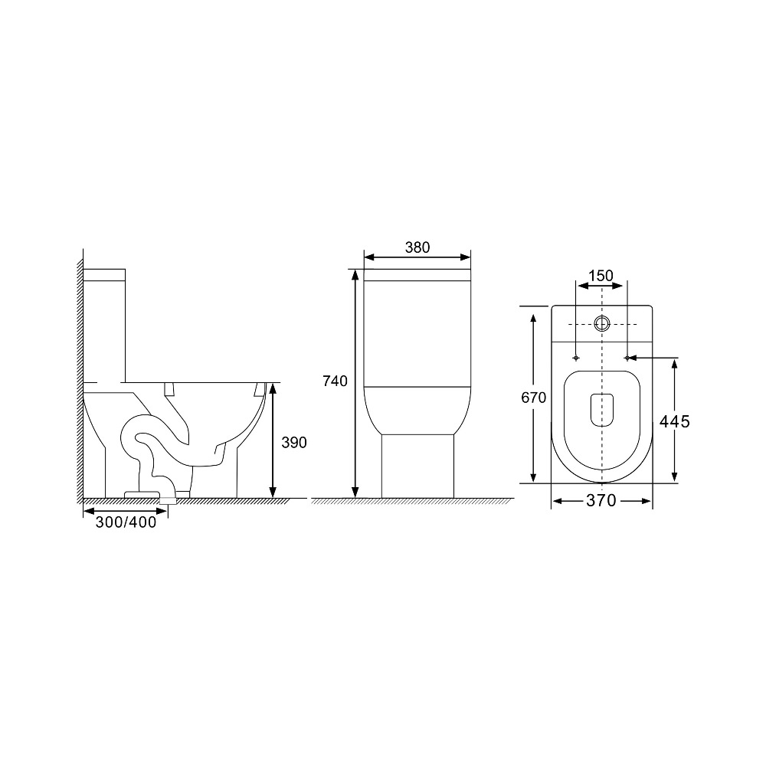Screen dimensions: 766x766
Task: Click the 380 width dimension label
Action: point(417,247)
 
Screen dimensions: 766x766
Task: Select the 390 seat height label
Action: point(293,442)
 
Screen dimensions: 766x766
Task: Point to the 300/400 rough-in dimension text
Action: point(126,522)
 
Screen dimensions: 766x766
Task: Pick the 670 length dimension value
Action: point(533,398)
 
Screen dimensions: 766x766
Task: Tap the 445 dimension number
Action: point(675,421)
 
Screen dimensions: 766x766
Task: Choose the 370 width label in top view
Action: point(601,501)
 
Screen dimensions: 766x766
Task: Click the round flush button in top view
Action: point(602,323)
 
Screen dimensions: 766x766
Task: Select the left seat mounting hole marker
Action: point(575,358)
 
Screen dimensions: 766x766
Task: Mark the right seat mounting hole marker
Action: point(627,358)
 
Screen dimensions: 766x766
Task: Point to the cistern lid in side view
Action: point(104,273)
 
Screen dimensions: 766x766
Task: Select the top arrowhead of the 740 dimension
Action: point(355,274)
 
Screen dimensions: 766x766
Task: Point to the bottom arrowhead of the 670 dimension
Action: point(534,478)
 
